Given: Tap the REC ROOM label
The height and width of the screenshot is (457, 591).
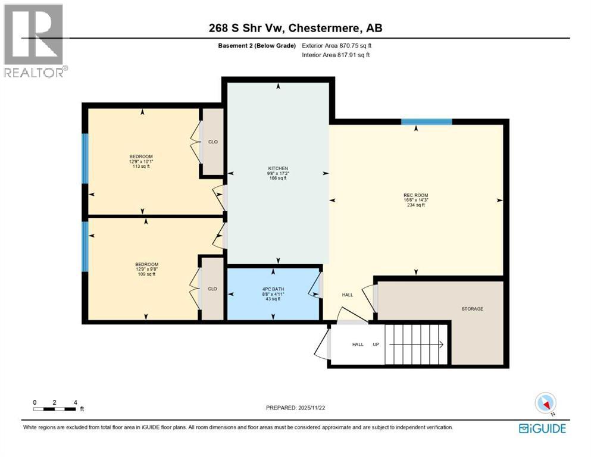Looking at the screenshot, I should coord(415,195).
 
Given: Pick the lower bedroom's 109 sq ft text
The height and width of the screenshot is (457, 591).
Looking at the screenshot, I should coord(146,274).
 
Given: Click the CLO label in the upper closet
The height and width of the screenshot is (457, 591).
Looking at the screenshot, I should coord(212,142).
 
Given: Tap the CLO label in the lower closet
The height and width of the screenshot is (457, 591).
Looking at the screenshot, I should coord(212,289).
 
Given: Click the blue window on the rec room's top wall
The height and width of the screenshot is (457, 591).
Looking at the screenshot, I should coord(426,122).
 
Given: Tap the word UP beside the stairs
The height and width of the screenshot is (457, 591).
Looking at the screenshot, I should coord(376,345).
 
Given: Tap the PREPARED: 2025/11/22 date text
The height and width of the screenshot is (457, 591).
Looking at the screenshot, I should coord(296,408).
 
